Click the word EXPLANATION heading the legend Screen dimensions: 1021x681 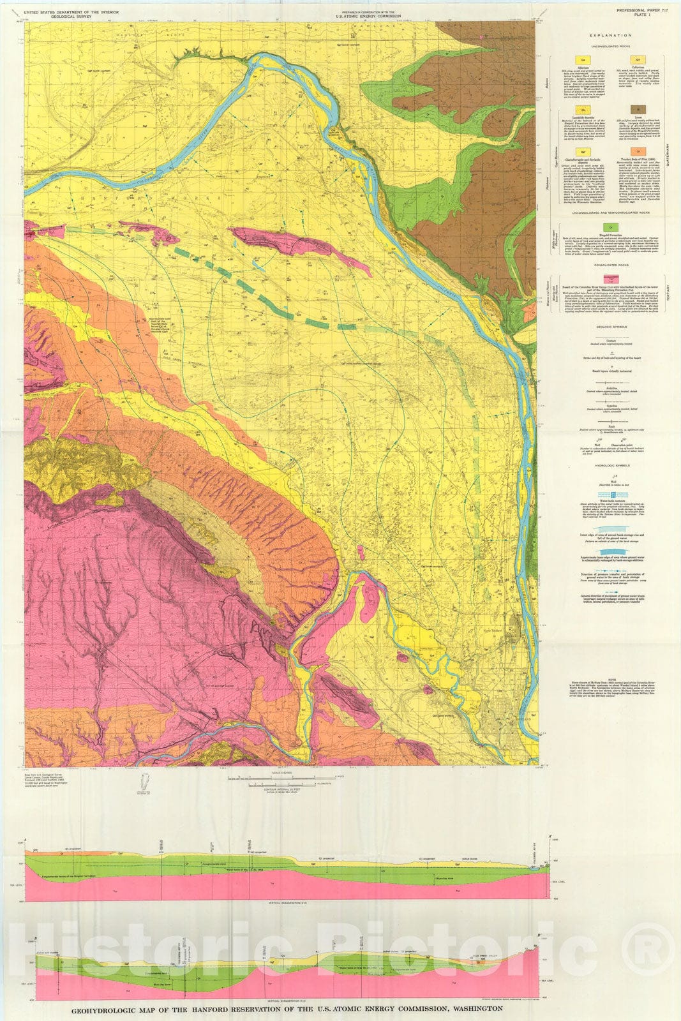coord(611,37)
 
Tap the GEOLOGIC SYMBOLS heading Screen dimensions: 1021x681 coord(611,325)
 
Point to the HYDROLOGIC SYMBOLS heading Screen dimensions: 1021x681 coord(611,465)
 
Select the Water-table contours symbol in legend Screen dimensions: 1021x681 coord(611,495)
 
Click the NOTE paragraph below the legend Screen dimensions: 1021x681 coord(611,689)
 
